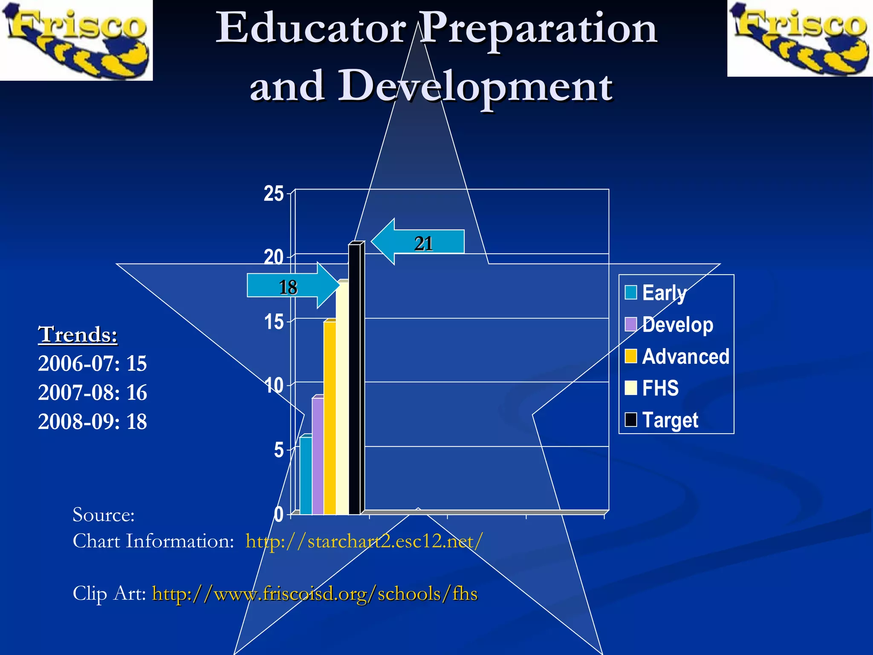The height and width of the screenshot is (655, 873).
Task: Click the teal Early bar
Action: tap(306, 475)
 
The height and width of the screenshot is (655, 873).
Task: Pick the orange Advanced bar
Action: tap(330, 418)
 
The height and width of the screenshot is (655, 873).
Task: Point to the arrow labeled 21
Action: tap(418, 242)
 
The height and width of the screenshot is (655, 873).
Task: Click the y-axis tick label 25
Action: tap(273, 194)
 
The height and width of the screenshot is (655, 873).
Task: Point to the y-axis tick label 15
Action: tap(273, 322)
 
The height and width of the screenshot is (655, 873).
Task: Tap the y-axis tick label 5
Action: tap(278, 450)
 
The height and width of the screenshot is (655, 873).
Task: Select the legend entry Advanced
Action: tap(677, 356)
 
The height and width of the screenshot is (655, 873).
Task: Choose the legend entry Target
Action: tap(662, 420)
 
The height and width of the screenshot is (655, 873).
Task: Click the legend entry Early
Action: tap(656, 293)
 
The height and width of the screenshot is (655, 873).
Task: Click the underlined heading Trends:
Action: tap(78, 334)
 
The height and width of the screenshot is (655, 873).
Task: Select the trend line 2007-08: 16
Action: tap(93, 392)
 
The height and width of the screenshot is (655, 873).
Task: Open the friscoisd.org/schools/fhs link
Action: tap(315, 594)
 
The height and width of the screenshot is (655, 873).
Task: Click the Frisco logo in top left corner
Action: tap(76, 40)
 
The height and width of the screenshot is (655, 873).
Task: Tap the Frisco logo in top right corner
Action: tap(800, 38)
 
